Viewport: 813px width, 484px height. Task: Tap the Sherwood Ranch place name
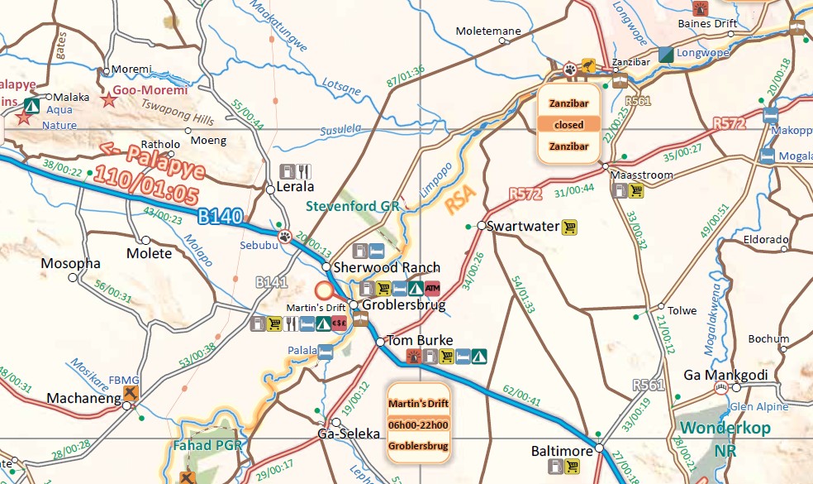tap(386, 268)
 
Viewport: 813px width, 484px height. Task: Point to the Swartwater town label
tap(523, 226)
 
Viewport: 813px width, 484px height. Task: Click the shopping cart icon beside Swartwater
tap(569, 227)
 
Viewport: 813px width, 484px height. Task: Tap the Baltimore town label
tap(562, 452)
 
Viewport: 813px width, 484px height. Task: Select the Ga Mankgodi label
tap(725, 376)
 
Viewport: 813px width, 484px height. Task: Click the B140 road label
tap(220, 218)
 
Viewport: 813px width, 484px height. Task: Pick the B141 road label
tap(271, 283)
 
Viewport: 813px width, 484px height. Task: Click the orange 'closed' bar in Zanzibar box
tap(568, 125)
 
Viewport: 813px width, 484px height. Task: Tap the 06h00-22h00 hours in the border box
tap(418, 425)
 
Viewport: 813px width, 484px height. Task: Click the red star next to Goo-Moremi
tap(108, 100)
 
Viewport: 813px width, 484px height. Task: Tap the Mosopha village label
tap(71, 264)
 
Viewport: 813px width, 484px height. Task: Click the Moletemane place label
tap(488, 31)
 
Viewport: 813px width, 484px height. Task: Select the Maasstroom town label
tap(641, 175)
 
